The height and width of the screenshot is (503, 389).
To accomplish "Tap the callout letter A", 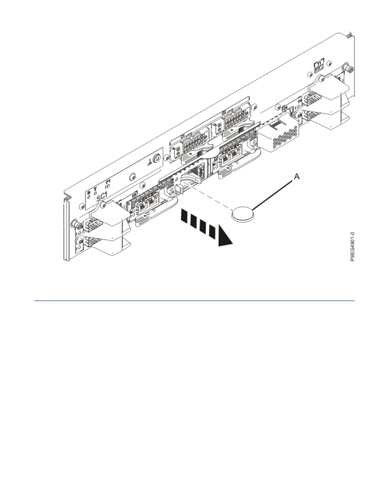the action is [x=296, y=177].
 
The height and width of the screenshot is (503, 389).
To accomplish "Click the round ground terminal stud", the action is [x=156, y=158].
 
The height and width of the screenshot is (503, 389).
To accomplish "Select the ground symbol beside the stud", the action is [x=150, y=163].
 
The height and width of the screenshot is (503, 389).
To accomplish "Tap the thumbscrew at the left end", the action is [x=76, y=224].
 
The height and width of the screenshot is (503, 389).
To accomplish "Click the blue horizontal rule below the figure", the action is [x=194, y=300].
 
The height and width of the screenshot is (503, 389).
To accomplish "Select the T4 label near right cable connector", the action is [x=299, y=101].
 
